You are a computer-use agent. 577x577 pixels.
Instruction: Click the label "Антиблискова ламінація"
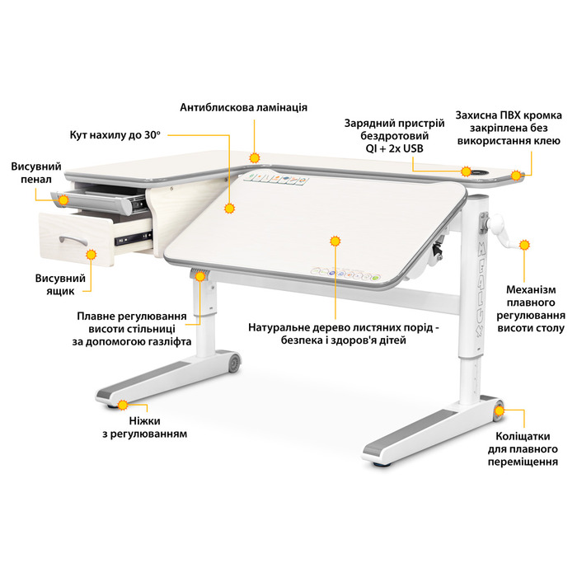click(x=244, y=107)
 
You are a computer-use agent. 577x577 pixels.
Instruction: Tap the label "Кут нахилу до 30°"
click(x=115, y=135)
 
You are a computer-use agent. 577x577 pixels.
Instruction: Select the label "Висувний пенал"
click(x=36, y=173)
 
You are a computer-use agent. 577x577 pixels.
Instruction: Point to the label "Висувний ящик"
click(x=60, y=284)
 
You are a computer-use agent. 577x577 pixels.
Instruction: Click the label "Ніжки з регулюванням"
click(x=144, y=427)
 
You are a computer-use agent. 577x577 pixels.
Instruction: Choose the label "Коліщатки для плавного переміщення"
click(x=523, y=449)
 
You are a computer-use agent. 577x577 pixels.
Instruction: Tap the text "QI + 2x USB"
click(x=395, y=148)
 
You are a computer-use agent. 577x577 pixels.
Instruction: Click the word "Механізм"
click(x=531, y=289)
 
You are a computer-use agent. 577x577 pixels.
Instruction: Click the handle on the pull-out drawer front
click(x=73, y=240)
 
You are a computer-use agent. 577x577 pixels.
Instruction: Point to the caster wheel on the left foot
click(x=234, y=363)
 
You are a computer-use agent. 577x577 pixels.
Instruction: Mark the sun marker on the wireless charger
click(x=467, y=171)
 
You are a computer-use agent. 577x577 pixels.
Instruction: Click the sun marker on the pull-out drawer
click(x=91, y=255)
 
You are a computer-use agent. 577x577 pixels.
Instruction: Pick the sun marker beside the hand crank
click(x=524, y=245)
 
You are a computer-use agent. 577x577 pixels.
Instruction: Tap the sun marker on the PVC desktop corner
click(x=516, y=176)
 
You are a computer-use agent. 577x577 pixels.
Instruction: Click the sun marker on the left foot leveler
click(x=123, y=406)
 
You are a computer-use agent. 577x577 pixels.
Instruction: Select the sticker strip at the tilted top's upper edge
click(x=275, y=179)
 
